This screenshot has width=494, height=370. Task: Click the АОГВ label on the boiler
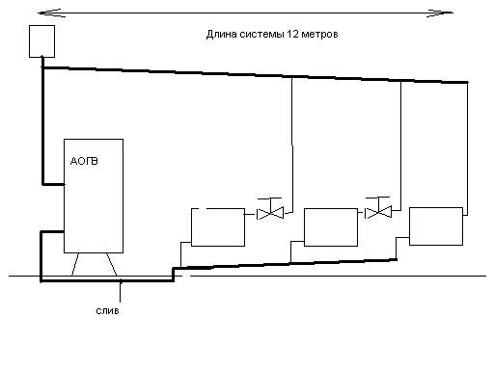(84, 161)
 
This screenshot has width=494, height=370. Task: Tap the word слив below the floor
(107, 311)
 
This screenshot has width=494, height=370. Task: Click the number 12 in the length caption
(291, 34)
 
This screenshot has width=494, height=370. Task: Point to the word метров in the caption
(319, 34)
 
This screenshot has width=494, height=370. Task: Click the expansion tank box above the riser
(41, 41)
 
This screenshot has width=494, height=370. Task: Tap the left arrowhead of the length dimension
(50, 13)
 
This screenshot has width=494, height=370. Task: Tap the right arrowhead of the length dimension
(440, 13)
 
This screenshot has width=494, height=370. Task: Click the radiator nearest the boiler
(218, 227)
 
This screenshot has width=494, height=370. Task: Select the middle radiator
(331, 227)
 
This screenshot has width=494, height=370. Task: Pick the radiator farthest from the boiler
(436, 226)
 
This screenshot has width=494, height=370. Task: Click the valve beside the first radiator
(270, 213)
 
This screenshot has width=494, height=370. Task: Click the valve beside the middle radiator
(378, 212)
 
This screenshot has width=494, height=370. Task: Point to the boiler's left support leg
(75, 264)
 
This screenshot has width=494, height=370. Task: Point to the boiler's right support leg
(111, 264)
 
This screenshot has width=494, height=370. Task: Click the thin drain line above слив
(121, 291)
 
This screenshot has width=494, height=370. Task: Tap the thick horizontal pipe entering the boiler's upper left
(54, 184)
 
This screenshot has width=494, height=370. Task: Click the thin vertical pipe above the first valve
(292, 145)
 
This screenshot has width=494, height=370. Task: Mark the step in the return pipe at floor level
(174, 274)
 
